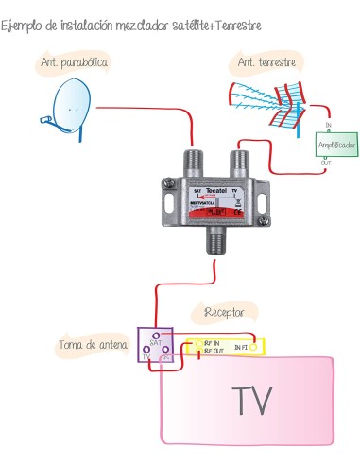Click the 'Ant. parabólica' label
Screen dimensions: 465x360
click(74, 63)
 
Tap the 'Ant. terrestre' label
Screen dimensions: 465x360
click(266, 63)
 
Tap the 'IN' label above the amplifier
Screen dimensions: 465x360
click(328, 125)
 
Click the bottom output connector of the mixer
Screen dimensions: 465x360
click(218, 245)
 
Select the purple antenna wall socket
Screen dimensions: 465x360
click(156, 346)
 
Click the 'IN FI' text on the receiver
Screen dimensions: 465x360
click(244, 348)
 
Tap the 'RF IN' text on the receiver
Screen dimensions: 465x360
click(212, 342)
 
